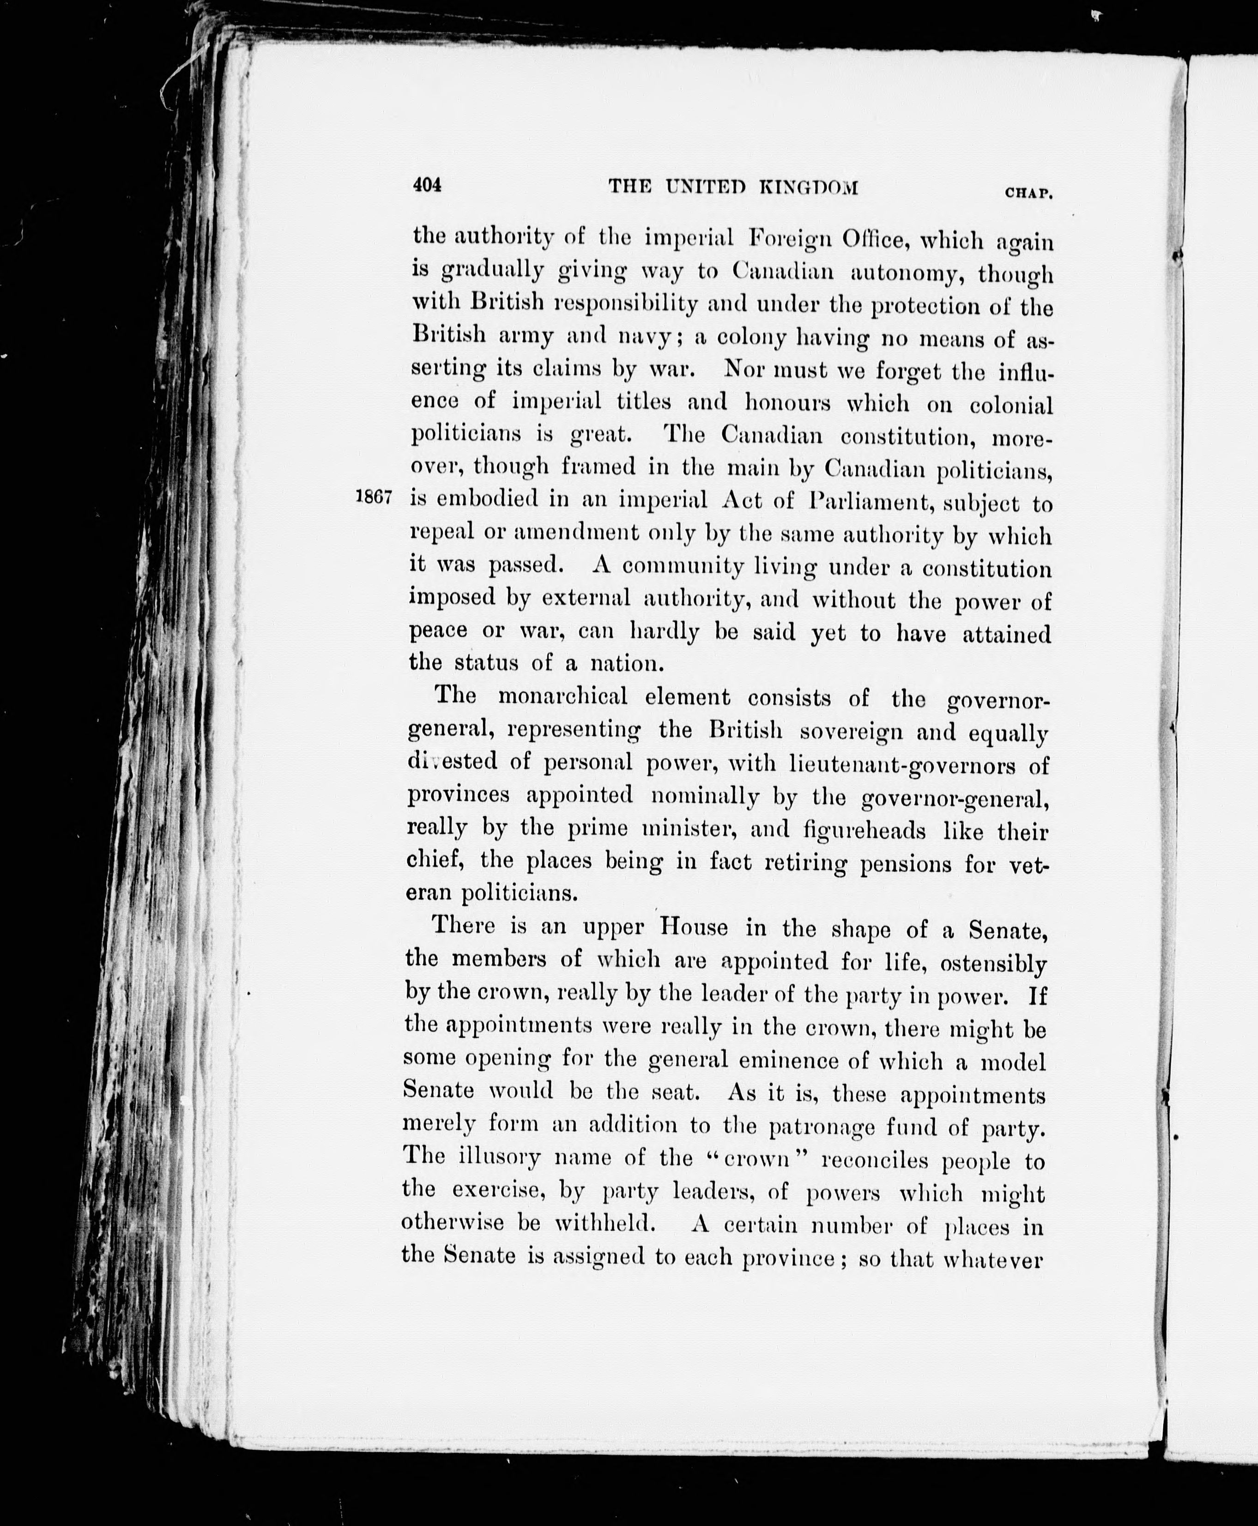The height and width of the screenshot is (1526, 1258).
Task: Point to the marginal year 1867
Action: pyautogui.click(x=374, y=497)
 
